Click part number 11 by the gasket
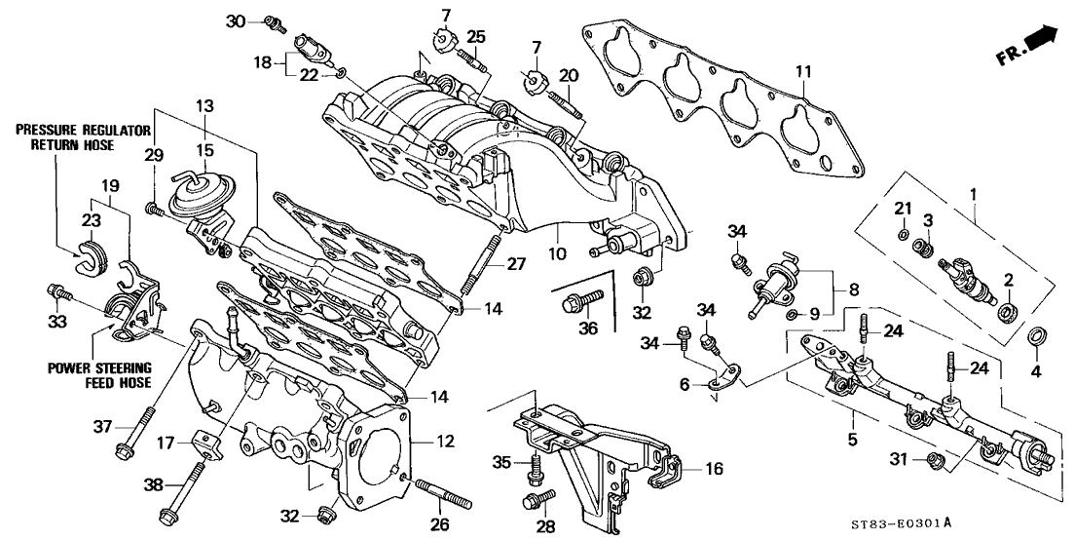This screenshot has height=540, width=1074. (801, 69)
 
